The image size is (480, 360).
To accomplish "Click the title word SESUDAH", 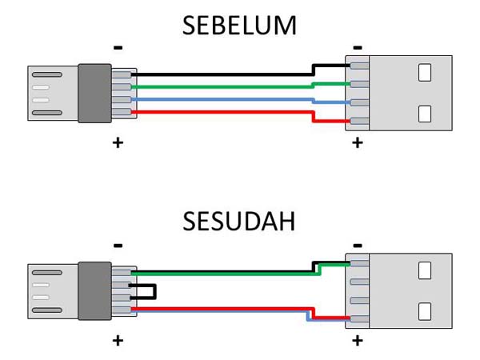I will click(x=240, y=221).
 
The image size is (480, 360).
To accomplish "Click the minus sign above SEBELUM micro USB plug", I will click(x=118, y=47).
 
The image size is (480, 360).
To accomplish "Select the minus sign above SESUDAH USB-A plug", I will click(x=357, y=245).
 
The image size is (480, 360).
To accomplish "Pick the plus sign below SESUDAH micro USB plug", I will click(x=118, y=341).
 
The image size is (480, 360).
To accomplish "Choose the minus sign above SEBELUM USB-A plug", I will click(x=357, y=47).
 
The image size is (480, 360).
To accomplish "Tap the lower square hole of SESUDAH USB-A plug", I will click(x=424, y=310).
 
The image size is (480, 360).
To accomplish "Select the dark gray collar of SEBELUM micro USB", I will click(x=94, y=94).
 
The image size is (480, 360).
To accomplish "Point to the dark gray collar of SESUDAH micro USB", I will click(x=94, y=290).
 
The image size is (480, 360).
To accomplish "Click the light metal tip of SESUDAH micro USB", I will click(x=52, y=290).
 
